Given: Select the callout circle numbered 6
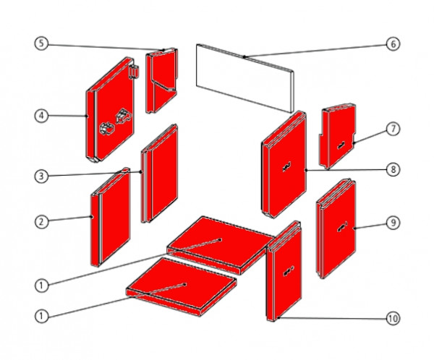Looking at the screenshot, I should coord(393,44).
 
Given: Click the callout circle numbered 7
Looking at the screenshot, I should coord(393,129).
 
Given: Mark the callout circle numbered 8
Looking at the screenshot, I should coord(393,171).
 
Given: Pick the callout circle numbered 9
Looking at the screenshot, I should coord(393,222).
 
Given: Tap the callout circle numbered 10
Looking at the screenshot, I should coord(393,317).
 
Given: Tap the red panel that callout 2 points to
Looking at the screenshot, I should coord(111,217).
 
